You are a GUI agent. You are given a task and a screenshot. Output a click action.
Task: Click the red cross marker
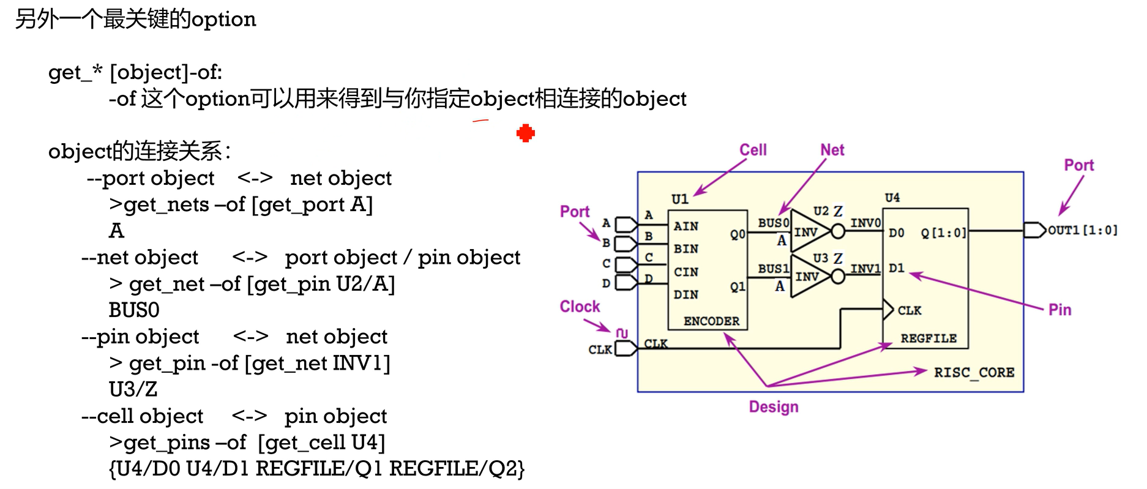(525, 133)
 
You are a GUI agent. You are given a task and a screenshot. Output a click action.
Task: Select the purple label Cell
(753, 150)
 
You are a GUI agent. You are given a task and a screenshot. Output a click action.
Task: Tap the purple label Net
(832, 150)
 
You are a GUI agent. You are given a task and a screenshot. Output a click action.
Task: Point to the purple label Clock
(580, 307)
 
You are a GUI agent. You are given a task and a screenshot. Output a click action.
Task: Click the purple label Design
(774, 407)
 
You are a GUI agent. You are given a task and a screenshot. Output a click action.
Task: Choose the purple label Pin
(1059, 310)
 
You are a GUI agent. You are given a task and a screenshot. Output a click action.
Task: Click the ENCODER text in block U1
(711, 321)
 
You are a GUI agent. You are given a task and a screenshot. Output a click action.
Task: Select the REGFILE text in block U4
(928, 338)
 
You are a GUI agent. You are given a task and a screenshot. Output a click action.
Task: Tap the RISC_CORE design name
(974, 372)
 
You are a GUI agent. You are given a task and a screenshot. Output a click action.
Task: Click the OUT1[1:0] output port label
(1082, 230)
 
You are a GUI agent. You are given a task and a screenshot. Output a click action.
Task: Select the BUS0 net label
(773, 223)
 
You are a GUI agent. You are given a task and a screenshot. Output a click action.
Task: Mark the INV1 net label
(865, 269)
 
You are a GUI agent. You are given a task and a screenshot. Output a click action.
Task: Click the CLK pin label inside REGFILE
(910, 310)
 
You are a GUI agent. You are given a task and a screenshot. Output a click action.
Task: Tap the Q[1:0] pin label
(943, 233)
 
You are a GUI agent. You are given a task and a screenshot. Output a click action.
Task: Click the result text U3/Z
(133, 389)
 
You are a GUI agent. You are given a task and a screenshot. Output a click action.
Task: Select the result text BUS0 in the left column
(134, 310)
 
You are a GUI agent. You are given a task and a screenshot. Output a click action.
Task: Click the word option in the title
(223, 20)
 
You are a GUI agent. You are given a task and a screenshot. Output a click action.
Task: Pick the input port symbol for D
(626, 283)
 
